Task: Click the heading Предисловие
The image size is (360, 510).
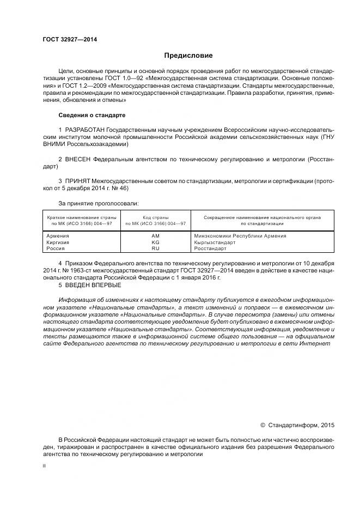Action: pyautogui.click(x=189, y=56)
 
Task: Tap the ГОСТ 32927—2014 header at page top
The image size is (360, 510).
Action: pyautogui.click(x=66, y=39)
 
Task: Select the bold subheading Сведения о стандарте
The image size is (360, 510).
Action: pyautogui.click(x=91, y=116)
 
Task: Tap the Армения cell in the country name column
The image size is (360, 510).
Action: pyautogui.click(x=58, y=235)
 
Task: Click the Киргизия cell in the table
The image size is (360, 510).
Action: pyautogui.click(x=58, y=242)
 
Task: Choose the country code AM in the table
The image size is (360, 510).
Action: pyautogui.click(x=155, y=235)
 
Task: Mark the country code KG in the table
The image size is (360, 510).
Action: pyautogui.click(x=155, y=242)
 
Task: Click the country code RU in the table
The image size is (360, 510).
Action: pyautogui.click(x=155, y=248)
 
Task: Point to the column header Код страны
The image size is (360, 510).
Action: pyautogui.click(x=155, y=217)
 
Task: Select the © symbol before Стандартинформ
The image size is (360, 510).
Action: pyautogui.click(x=263, y=424)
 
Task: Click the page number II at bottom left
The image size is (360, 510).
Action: pyautogui.click(x=44, y=466)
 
